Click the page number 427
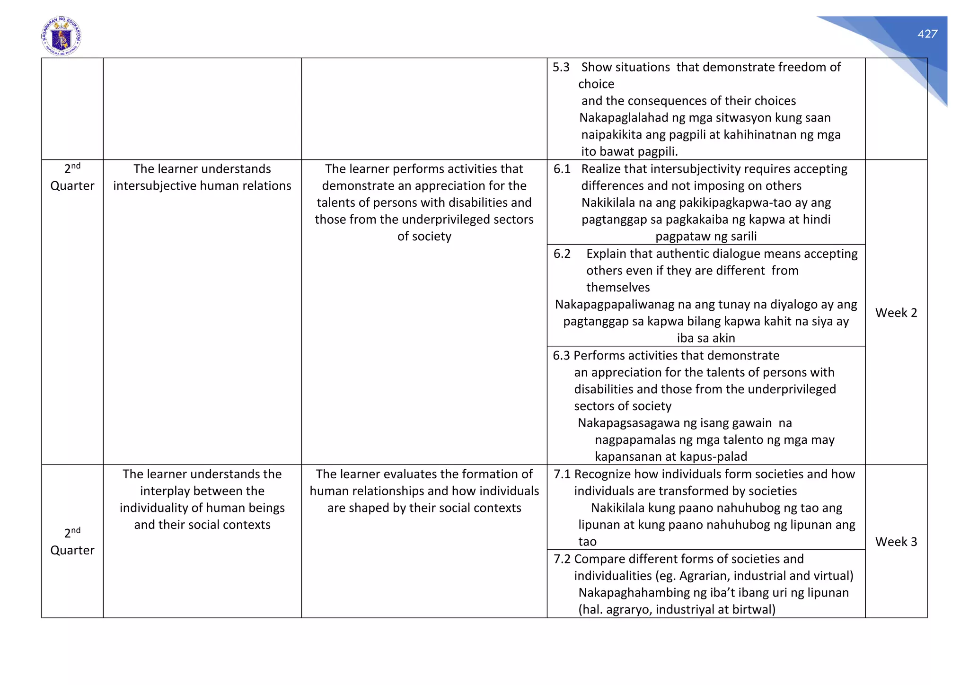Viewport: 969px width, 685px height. click(x=927, y=34)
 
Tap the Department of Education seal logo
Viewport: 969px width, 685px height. click(x=62, y=36)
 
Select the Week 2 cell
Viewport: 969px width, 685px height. click(x=896, y=313)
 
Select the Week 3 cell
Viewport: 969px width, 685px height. click(x=896, y=542)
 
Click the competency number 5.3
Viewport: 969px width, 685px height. click(x=561, y=67)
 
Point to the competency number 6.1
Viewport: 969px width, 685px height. click(x=562, y=169)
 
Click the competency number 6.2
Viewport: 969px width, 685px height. click(x=562, y=254)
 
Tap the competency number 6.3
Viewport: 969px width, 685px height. click(x=562, y=355)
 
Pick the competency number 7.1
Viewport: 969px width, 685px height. click(x=563, y=474)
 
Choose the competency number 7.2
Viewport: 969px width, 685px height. click(x=563, y=559)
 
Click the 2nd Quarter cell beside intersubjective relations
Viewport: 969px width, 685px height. click(x=72, y=177)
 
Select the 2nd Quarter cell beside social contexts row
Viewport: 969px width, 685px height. click(x=72, y=541)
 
